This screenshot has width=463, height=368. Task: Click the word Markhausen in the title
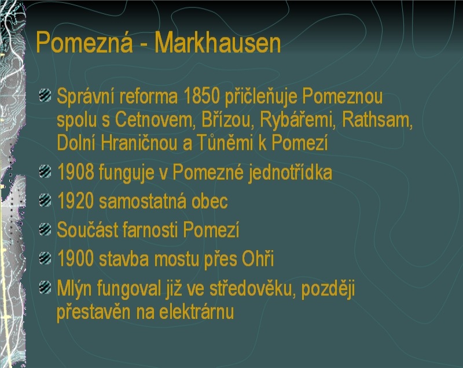(218, 43)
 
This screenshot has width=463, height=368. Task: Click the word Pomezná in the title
(84, 42)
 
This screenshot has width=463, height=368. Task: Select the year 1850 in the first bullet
(202, 96)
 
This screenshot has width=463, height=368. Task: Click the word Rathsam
(377, 120)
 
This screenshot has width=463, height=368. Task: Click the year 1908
(76, 172)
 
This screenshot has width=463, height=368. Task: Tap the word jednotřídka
(291, 173)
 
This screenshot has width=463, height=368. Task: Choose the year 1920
(76, 200)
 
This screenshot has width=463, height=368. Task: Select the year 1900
(76, 258)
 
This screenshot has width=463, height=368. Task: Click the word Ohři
(258, 258)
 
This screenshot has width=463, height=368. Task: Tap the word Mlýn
(75, 288)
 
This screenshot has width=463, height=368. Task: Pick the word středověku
(252, 288)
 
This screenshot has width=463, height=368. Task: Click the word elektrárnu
(197, 311)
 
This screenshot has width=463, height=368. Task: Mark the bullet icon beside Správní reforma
(45, 95)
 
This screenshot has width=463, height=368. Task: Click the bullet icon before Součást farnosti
(45, 229)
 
